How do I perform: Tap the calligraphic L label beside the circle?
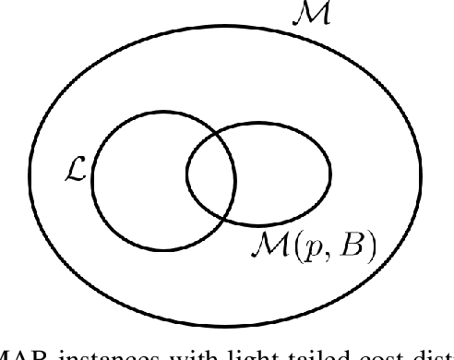click(x=77, y=173)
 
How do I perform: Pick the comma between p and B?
click(x=319, y=254)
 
